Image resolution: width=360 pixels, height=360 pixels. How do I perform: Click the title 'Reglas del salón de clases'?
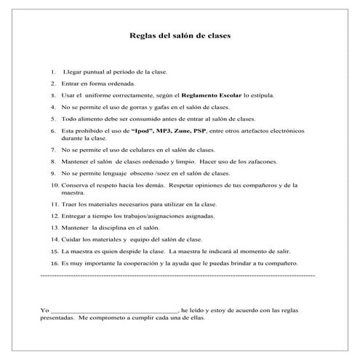180,35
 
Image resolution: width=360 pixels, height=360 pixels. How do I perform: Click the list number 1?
54,72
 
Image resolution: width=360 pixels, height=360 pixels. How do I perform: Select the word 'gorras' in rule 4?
132,106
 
